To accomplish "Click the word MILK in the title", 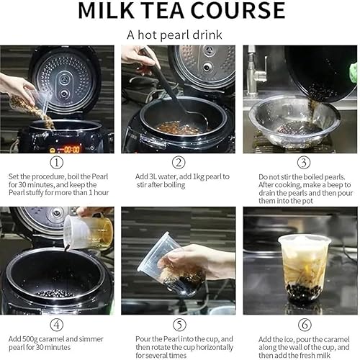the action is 106,11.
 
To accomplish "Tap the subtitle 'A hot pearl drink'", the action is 174,35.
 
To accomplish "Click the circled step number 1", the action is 57,163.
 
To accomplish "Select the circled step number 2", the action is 179,163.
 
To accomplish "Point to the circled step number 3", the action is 304,163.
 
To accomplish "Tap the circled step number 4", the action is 57,325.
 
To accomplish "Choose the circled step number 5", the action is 179,325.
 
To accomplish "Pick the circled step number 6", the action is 305,325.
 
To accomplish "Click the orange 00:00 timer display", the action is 71,150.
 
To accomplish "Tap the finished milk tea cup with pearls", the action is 304,268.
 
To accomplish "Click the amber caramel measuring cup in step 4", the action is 102,232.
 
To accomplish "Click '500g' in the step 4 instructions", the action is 30,339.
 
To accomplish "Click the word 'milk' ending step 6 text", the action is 323,356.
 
